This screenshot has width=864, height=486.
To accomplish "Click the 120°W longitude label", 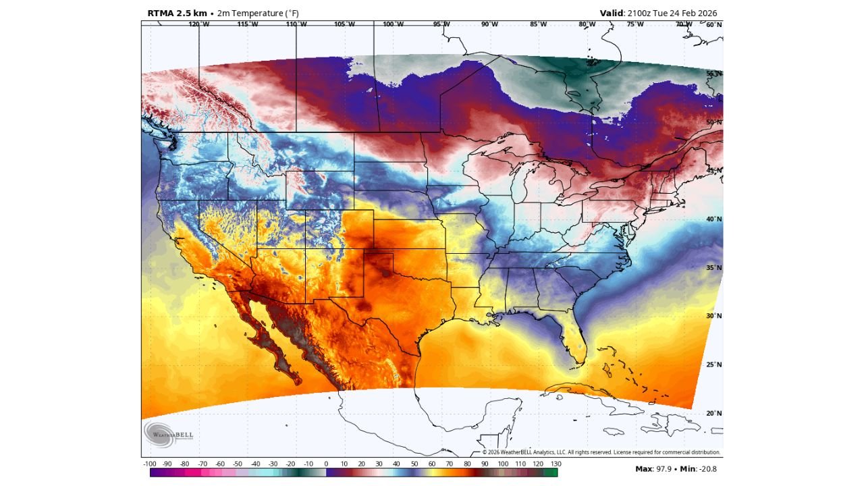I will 198,24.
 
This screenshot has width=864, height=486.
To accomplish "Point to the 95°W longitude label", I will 441,24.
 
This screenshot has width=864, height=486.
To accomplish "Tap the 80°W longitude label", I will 587,24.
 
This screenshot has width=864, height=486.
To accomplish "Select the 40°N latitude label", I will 714,219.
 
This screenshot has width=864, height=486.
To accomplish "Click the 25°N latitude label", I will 714,364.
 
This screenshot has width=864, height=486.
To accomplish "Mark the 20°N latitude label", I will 714,413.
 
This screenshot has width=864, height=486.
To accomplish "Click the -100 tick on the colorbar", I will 150,464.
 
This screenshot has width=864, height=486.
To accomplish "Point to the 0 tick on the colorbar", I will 326,464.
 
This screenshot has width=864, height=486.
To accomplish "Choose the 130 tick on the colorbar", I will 556,464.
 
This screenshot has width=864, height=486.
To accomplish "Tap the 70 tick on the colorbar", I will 450,464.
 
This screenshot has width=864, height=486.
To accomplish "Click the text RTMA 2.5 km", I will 177,13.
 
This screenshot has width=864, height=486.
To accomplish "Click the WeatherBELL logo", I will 169,433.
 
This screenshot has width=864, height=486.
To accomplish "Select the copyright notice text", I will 601,452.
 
